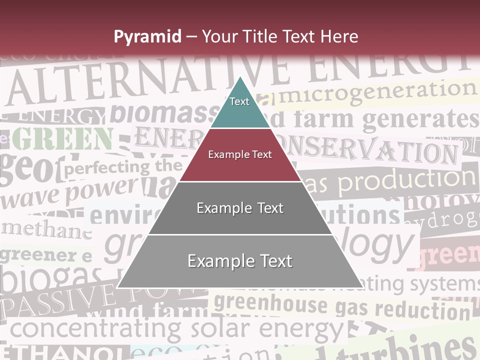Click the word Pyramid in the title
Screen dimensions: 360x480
click(x=147, y=36)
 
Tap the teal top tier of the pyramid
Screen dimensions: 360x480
click(x=239, y=105)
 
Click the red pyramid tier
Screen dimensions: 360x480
click(x=240, y=154)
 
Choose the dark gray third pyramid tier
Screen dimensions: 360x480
click(x=240, y=208)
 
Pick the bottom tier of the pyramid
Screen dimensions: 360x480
click(x=240, y=261)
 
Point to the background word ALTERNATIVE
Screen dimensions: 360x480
click(x=145, y=80)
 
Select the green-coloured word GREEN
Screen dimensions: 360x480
click(x=62, y=138)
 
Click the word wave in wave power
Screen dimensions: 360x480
click(x=30, y=197)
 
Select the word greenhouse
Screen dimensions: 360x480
click(x=270, y=303)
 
